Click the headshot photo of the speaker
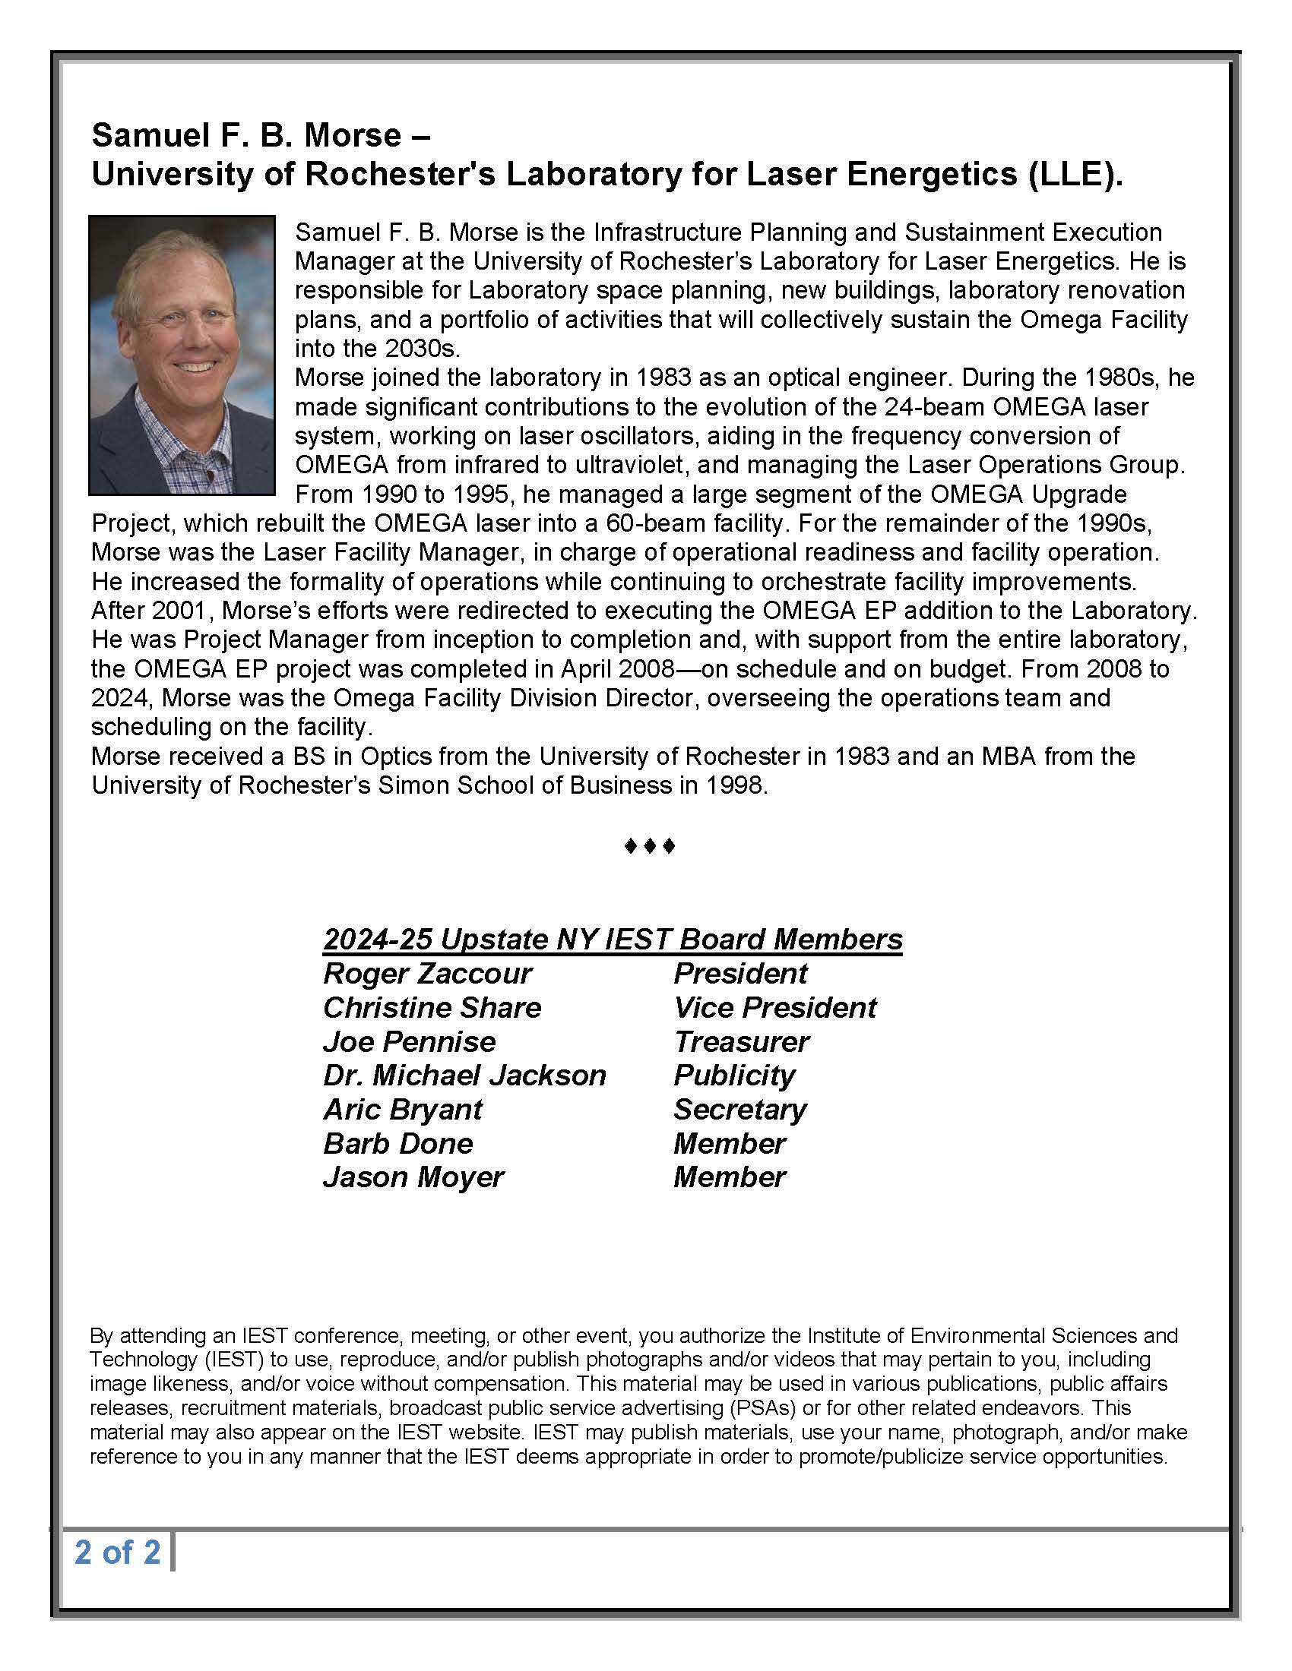(182, 354)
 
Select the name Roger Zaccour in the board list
(426, 973)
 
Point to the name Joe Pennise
(409, 1041)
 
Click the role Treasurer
(741, 1041)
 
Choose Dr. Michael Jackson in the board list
(464, 1075)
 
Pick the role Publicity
(734, 1075)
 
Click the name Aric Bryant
(403, 1110)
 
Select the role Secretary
(740, 1110)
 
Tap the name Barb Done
(398, 1143)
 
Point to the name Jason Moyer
(413, 1177)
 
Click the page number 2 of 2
(117, 1552)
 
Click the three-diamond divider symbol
(649, 846)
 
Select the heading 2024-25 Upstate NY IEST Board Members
(613, 939)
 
